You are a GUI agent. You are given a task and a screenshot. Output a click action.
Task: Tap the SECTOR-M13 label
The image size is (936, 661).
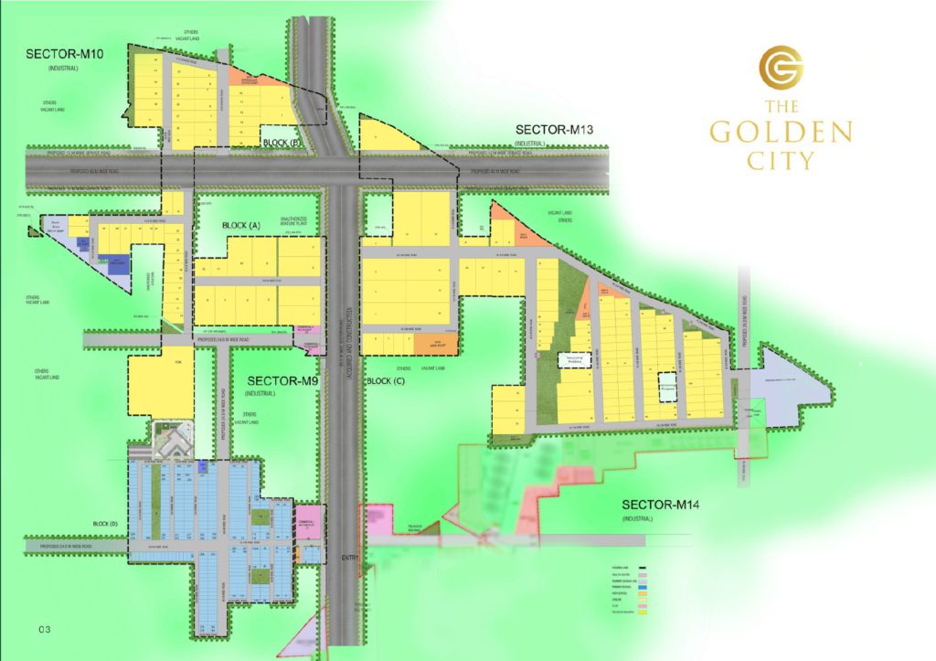[x=555, y=130]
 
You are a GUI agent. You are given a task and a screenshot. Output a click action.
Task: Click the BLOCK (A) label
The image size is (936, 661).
[x=241, y=224]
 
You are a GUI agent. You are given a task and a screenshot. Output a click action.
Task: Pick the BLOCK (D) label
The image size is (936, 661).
[x=106, y=523]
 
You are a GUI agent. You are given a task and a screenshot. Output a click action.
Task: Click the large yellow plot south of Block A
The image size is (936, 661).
[x=162, y=383]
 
